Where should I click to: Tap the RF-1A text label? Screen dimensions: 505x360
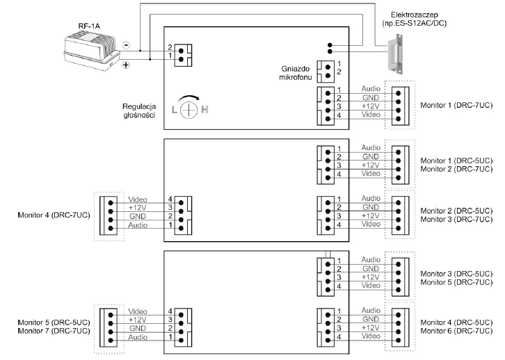click(89, 26)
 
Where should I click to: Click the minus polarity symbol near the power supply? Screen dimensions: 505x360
click(127, 45)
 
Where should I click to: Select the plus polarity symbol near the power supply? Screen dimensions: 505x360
click(126, 65)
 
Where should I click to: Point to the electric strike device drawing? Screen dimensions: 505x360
click(396, 54)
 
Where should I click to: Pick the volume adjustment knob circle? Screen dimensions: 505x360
click(189, 110)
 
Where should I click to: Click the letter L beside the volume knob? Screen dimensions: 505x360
click(174, 110)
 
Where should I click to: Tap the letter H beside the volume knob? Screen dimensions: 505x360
click(205, 110)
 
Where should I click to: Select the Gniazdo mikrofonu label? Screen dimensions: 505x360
click(296, 73)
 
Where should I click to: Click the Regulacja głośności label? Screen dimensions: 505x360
click(139, 111)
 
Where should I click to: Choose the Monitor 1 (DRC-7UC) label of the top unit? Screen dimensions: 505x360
click(456, 106)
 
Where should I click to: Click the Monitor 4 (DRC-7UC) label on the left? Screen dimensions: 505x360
click(54, 215)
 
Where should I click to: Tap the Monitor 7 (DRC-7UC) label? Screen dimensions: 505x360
click(54, 331)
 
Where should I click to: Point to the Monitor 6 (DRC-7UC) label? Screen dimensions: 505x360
click(456, 331)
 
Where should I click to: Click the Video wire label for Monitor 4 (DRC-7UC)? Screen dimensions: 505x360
click(138, 199)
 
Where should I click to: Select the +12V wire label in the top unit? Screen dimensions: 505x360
click(370, 106)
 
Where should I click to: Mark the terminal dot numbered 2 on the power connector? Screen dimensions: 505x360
click(181, 51)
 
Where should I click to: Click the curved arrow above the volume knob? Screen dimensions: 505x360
click(189, 98)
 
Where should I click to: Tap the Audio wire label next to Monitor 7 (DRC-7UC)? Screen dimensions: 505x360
click(138, 337)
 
